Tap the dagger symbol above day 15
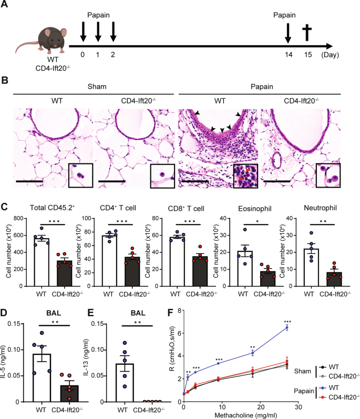pyautogui.click(x=308, y=34)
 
